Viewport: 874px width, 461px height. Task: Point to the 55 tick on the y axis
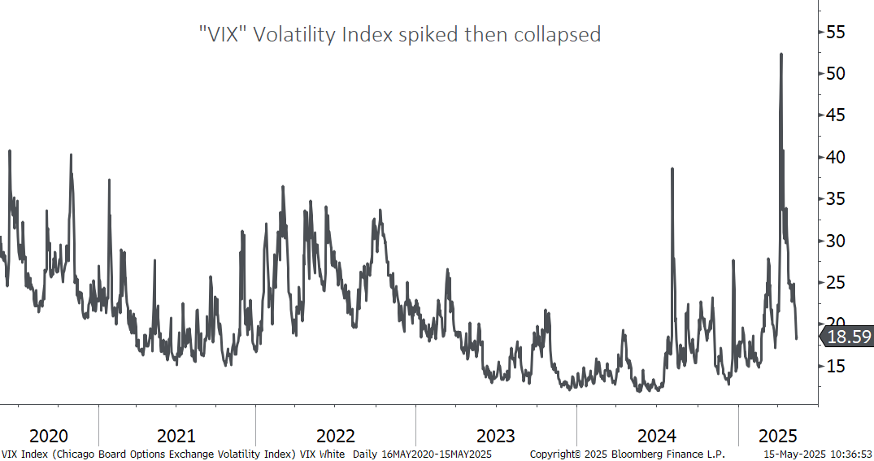(x=835, y=33)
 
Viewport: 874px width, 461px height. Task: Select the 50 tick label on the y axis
(x=835, y=74)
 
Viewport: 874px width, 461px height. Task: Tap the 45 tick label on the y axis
(x=835, y=115)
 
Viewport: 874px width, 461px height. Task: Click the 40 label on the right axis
(x=835, y=157)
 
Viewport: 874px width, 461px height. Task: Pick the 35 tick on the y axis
(x=835, y=199)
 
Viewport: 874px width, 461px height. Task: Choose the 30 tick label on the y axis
(x=835, y=241)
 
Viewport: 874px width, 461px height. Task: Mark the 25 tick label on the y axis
(x=835, y=282)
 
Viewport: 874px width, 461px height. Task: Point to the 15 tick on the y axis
(x=835, y=366)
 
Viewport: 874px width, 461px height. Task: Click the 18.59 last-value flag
(x=849, y=337)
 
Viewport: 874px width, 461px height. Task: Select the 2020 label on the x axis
(x=49, y=435)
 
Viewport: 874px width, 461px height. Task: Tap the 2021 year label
(x=176, y=435)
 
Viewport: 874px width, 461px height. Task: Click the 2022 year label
(x=335, y=435)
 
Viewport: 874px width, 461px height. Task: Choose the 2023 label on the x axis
(x=495, y=435)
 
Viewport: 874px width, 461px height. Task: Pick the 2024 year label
(x=656, y=435)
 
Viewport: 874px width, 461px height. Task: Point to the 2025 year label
(x=778, y=435)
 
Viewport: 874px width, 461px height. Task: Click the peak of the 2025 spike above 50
(x=781, y=54)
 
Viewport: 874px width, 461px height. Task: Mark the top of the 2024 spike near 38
(x=672, y=169)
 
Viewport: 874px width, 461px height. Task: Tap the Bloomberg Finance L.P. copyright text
(x=627, y=454)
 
